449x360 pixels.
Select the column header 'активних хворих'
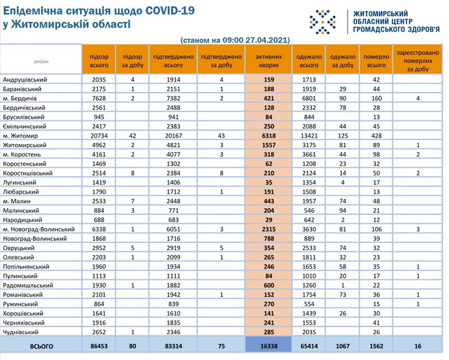(x=268, y=61)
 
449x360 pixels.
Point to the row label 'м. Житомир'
(x=21, y=137)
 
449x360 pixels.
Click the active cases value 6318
(x=268, y=137)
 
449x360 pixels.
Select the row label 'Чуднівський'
(x=23, y=332)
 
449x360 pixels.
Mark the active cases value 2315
(x=268, y=229)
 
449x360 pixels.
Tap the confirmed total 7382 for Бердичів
(x=174, y=98)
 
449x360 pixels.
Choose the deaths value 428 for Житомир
(x=376, y=137)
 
